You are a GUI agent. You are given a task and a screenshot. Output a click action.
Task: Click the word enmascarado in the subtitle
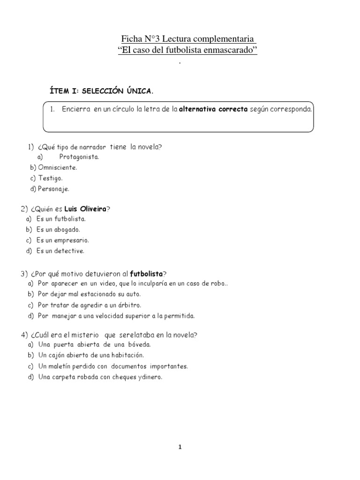(232, 51)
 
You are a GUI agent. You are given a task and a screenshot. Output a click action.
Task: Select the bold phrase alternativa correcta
(214, 109)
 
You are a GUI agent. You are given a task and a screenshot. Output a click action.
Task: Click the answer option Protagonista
(79, 157)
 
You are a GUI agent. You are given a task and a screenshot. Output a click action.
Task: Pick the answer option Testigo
(50, 178)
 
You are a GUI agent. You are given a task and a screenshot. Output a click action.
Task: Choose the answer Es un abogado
(58, 230)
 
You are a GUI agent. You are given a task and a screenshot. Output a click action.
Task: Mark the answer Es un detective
(60, 251)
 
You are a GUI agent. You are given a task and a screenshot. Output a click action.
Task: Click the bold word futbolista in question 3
(146, 273)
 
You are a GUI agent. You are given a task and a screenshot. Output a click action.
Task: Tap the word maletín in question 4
(62, 366)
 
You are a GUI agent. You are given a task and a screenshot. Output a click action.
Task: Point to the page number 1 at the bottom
(180, 447)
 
